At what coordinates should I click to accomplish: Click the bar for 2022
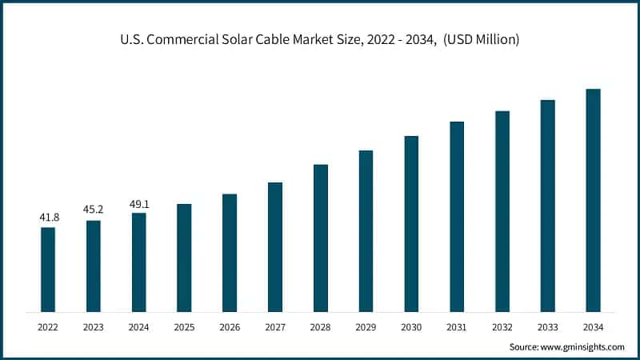click(x=48, y=270)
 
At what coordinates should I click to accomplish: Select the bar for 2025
click(x=184, y=258)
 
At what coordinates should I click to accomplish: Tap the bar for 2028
click(x=321, y=238)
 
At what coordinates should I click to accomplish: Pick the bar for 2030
click(x=411, y=223)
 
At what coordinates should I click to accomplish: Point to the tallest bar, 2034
click(x=593, y=200)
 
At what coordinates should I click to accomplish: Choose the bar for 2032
click(x=502, y=211)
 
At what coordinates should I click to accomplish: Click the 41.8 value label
click(x=48, y=217)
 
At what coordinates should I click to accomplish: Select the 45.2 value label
click(x=94, y=210)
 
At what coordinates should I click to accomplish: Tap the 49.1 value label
click(x=139, y=203)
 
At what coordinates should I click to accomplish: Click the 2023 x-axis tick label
click(x=94, y=327)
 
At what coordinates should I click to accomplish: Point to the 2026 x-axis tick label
click(x=230, y=327)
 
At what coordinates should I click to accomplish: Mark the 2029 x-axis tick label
click(x=366, y=327)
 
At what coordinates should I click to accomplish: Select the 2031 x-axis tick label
click(x=457, y=327)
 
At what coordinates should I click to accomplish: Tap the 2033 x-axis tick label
click(x=547, y=327)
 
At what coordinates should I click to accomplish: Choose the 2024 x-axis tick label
click(x=139, y=327)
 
